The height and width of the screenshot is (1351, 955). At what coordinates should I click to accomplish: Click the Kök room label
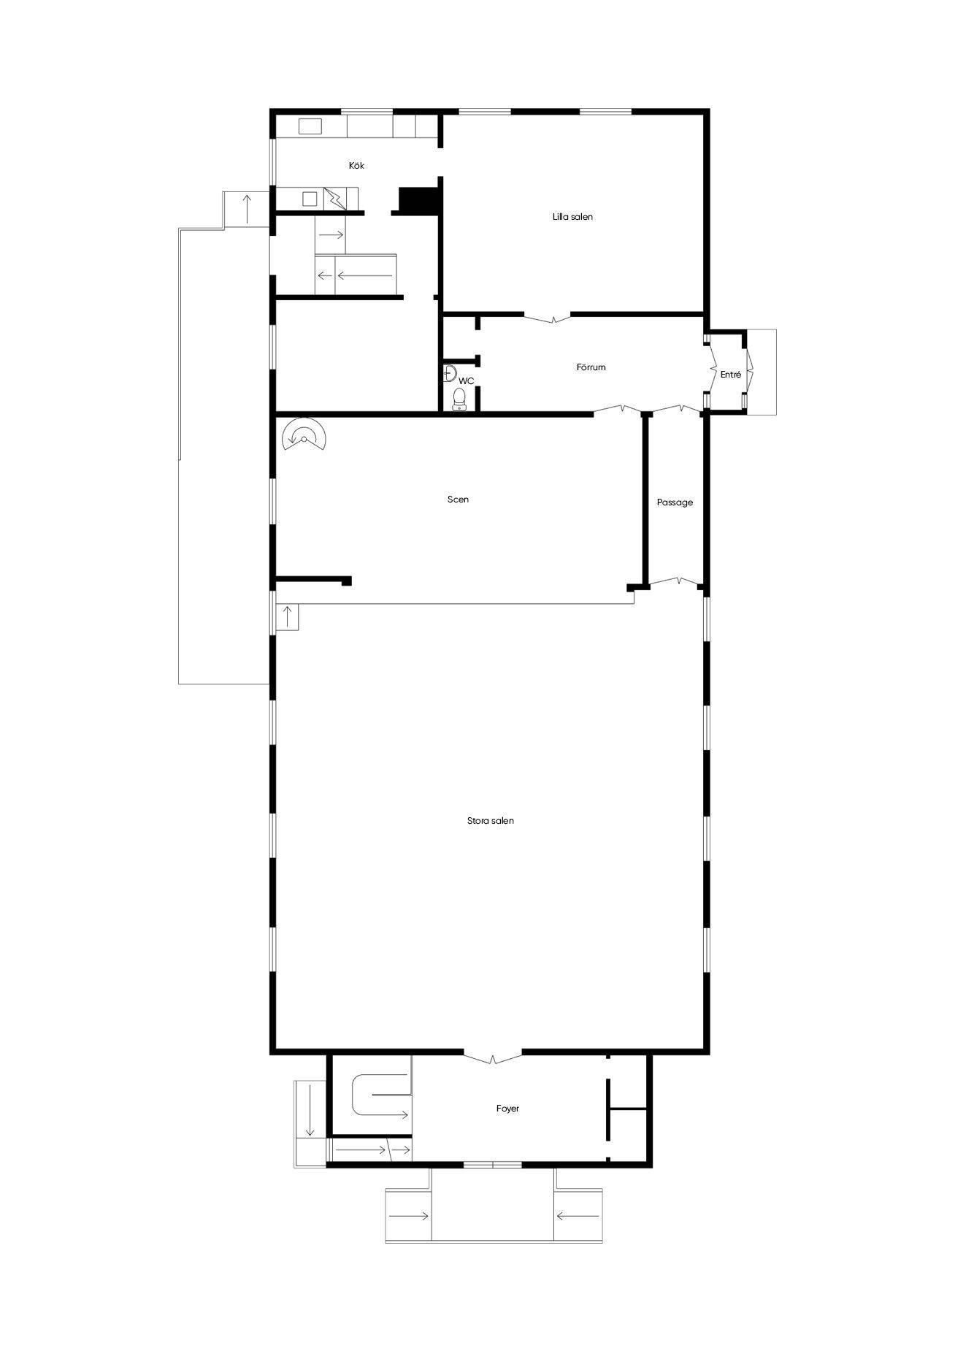tap(356, 166)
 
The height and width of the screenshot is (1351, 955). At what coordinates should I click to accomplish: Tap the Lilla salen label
tap(572, 217)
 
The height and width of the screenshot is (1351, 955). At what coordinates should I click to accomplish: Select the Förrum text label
tap(591, 367)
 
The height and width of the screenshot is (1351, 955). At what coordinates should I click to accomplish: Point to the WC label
tap(466, 381)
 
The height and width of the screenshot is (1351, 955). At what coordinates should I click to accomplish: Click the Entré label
tap(731, 375)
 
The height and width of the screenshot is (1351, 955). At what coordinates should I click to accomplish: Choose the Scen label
tap(458, 500)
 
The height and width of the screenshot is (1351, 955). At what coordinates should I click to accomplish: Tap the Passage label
tap(675, 502)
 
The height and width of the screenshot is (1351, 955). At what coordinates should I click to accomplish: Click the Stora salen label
tap(491, 821)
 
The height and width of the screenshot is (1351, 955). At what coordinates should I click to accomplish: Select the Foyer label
tap(507, 1109)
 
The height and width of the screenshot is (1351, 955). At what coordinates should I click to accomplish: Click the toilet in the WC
tap(459, 399)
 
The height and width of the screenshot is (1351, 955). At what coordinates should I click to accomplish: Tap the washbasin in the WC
tap(450, 373)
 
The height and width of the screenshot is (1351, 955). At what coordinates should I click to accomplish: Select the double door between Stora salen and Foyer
tap(493, 1057)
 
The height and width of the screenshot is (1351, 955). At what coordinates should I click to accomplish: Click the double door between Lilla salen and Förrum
tap(548, 318)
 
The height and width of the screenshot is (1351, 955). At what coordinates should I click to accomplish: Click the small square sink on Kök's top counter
tap(310, 127)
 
